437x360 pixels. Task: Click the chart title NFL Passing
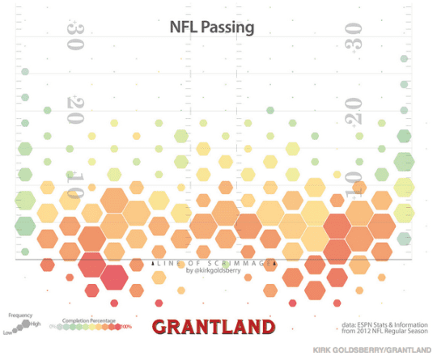(211, 27)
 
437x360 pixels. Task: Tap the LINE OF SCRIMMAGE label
(214, 263)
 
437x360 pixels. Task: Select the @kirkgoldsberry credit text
(214, 271)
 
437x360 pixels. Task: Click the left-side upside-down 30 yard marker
(76, 36)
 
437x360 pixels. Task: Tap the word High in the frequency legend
(36, 324)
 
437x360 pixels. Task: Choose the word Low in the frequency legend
(7, 332)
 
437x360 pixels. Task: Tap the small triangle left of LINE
(153, 263)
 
